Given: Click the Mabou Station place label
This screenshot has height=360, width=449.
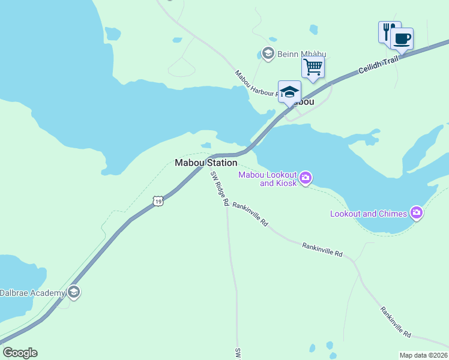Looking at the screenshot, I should [205, 163].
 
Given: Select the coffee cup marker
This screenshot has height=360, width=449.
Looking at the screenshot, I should [402, 39].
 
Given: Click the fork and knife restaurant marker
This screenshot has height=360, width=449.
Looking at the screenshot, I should [388, 31].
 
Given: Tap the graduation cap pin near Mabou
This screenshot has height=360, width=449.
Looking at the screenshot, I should [289, 92].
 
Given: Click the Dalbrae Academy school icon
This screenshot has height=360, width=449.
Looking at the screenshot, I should [74, 292].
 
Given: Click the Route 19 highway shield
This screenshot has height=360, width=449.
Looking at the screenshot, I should [157, 202].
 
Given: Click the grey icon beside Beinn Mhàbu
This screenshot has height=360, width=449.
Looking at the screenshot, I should [268, 53].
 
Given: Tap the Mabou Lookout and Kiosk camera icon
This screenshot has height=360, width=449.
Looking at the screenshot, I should [306, 177].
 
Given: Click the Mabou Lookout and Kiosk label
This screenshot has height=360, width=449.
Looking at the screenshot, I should [267, 179].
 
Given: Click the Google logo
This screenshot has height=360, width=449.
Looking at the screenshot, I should [20, 353].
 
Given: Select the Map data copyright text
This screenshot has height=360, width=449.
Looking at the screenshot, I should [424, 355].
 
